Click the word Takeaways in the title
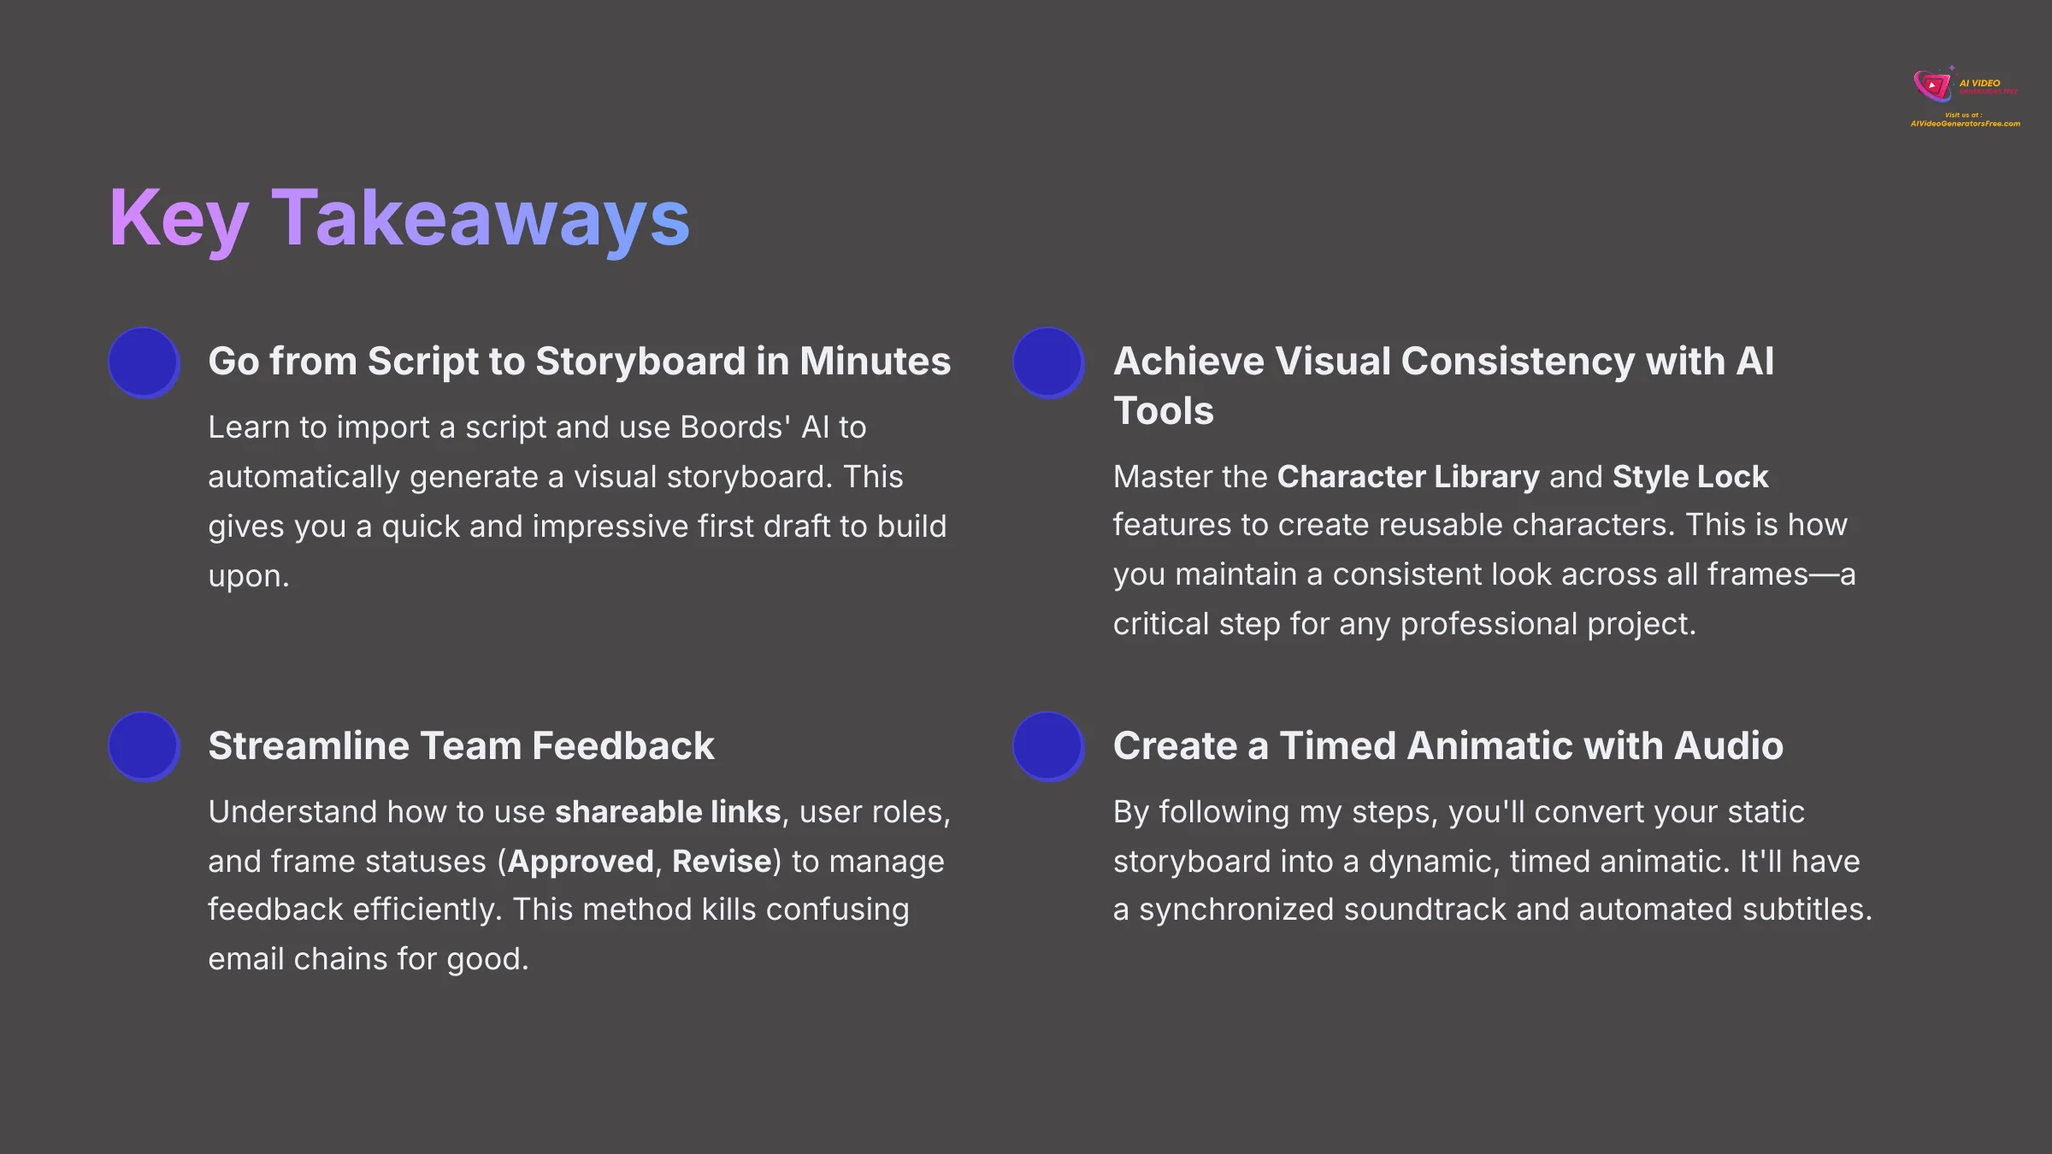coord(481,219)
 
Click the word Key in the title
coord(179,219)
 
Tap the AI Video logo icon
coord(1932,85)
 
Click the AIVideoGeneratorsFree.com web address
coord(1965,124)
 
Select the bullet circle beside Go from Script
coord(144,362)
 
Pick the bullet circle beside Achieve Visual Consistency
coord(1048,362)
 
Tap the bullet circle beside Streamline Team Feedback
coord(144,746)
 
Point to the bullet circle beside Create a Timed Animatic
coord(1048,746)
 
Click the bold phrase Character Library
coord(1407,476)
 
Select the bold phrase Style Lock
coord(1689,476)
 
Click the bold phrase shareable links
coord(668,811)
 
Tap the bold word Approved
coord(581,861)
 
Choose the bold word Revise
coord(722,861)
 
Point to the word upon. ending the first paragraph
coord(249,577)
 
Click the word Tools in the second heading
coord(1163,410)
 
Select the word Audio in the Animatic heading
coord(1728,745)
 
